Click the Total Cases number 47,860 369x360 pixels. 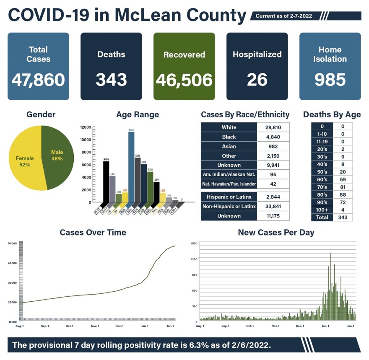(x=38, y=80)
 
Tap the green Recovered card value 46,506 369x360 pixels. (x=184, y=80)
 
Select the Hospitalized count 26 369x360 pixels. (x=257, y=80)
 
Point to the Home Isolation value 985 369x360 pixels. (x=330, y=80)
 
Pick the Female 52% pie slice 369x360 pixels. (x=25, y=161)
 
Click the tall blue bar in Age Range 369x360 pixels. (x=131, y=168)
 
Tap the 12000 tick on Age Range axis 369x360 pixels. (x=86, y=127)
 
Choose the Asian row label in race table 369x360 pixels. (x=229, y=147)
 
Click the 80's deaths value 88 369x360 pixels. (x=343, y=194)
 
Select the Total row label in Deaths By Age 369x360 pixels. (x=322, y=218)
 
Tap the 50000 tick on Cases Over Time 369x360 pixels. (x=12, y=243)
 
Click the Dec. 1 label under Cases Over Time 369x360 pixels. (x=120, y=326)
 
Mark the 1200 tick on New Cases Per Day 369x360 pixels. (x=194, y=259)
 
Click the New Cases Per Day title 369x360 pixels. (x=276, y=232)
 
